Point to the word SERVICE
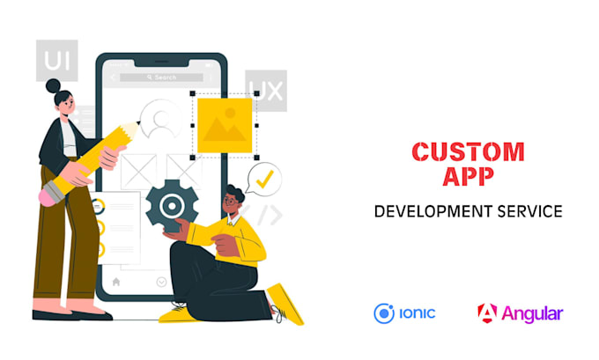click(x=533, y=212)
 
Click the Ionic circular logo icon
click(x=383, y=312)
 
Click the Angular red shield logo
click(x=487, y=312)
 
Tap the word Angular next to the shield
click(x=532, y=313)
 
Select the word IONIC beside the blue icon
click(x=417, y=312)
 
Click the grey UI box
click(x=56, y=62)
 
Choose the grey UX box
click(x=265, y=91)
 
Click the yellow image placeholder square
click(x=224, y=124)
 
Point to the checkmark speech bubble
click(x=264, y=180)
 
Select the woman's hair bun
click(x=54, y=86)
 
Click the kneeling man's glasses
click(x=230, y=202)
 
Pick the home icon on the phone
click(x=116, y=283)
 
